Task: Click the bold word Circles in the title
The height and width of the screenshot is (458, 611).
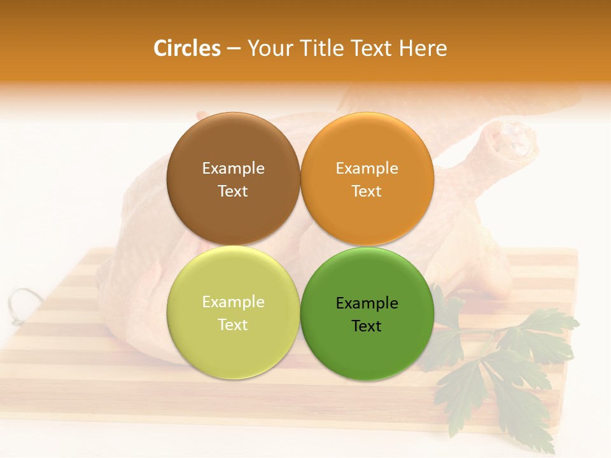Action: [187, 48]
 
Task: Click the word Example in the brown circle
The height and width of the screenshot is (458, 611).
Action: [233, 169]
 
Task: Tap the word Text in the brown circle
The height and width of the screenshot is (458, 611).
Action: [233, 191]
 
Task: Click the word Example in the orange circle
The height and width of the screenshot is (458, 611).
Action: [367, 169]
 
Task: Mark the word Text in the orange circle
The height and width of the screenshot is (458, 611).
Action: [367, 191]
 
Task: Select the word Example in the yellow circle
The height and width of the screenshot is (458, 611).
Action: [233, 302]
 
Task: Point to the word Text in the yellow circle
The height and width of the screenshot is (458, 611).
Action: [233, 325]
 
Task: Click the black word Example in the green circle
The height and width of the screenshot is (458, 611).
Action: [367, 303]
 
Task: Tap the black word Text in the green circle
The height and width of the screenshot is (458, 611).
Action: [367, 326]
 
